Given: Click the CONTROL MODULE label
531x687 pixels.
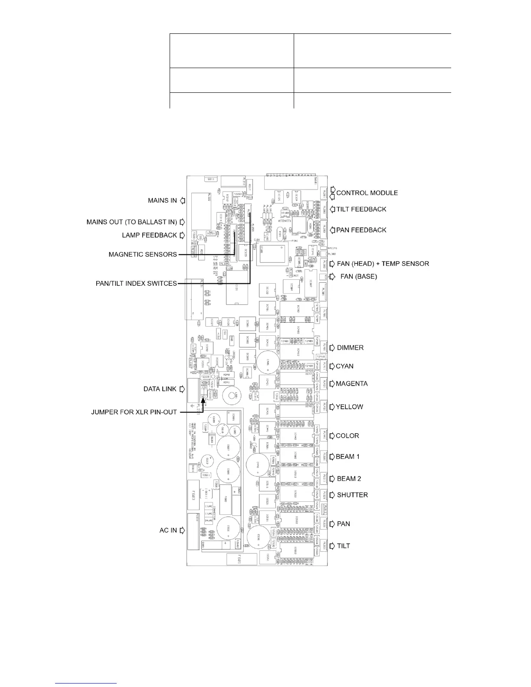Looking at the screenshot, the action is [x=367, y=193].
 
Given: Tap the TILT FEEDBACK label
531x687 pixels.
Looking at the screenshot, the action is [x=361, y=209].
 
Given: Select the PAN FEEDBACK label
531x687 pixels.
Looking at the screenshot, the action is [x=361, y=230].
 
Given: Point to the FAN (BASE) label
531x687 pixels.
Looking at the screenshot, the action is [x=359, y=276].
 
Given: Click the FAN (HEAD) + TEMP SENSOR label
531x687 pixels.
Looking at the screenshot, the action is [x=383, y=264].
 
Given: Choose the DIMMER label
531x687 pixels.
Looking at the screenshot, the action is [x=350, y=348].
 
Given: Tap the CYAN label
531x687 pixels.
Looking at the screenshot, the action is [x=345, y=366].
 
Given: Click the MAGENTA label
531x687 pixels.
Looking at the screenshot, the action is [x=352, y=384].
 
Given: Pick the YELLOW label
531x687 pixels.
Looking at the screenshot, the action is [x=350, y=407].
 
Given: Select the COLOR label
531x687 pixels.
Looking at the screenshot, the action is [x=347, y=436].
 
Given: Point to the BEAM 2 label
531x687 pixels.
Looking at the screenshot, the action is [x=349, y=479].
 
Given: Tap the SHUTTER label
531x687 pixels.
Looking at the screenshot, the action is [x=352, y=495].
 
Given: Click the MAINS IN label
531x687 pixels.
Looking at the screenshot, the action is [x=162, y=200].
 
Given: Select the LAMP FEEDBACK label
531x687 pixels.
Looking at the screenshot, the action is [x=150, y=235].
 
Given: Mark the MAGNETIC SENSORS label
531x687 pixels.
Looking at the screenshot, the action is [x=143, y=254].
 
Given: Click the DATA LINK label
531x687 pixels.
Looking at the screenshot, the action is [x=160, y=389].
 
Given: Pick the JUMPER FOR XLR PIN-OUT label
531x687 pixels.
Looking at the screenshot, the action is [x=134, y=412].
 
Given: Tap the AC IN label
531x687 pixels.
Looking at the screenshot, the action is [x=168, y=530].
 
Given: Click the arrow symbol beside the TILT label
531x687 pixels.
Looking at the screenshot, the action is [x=332, y=546].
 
